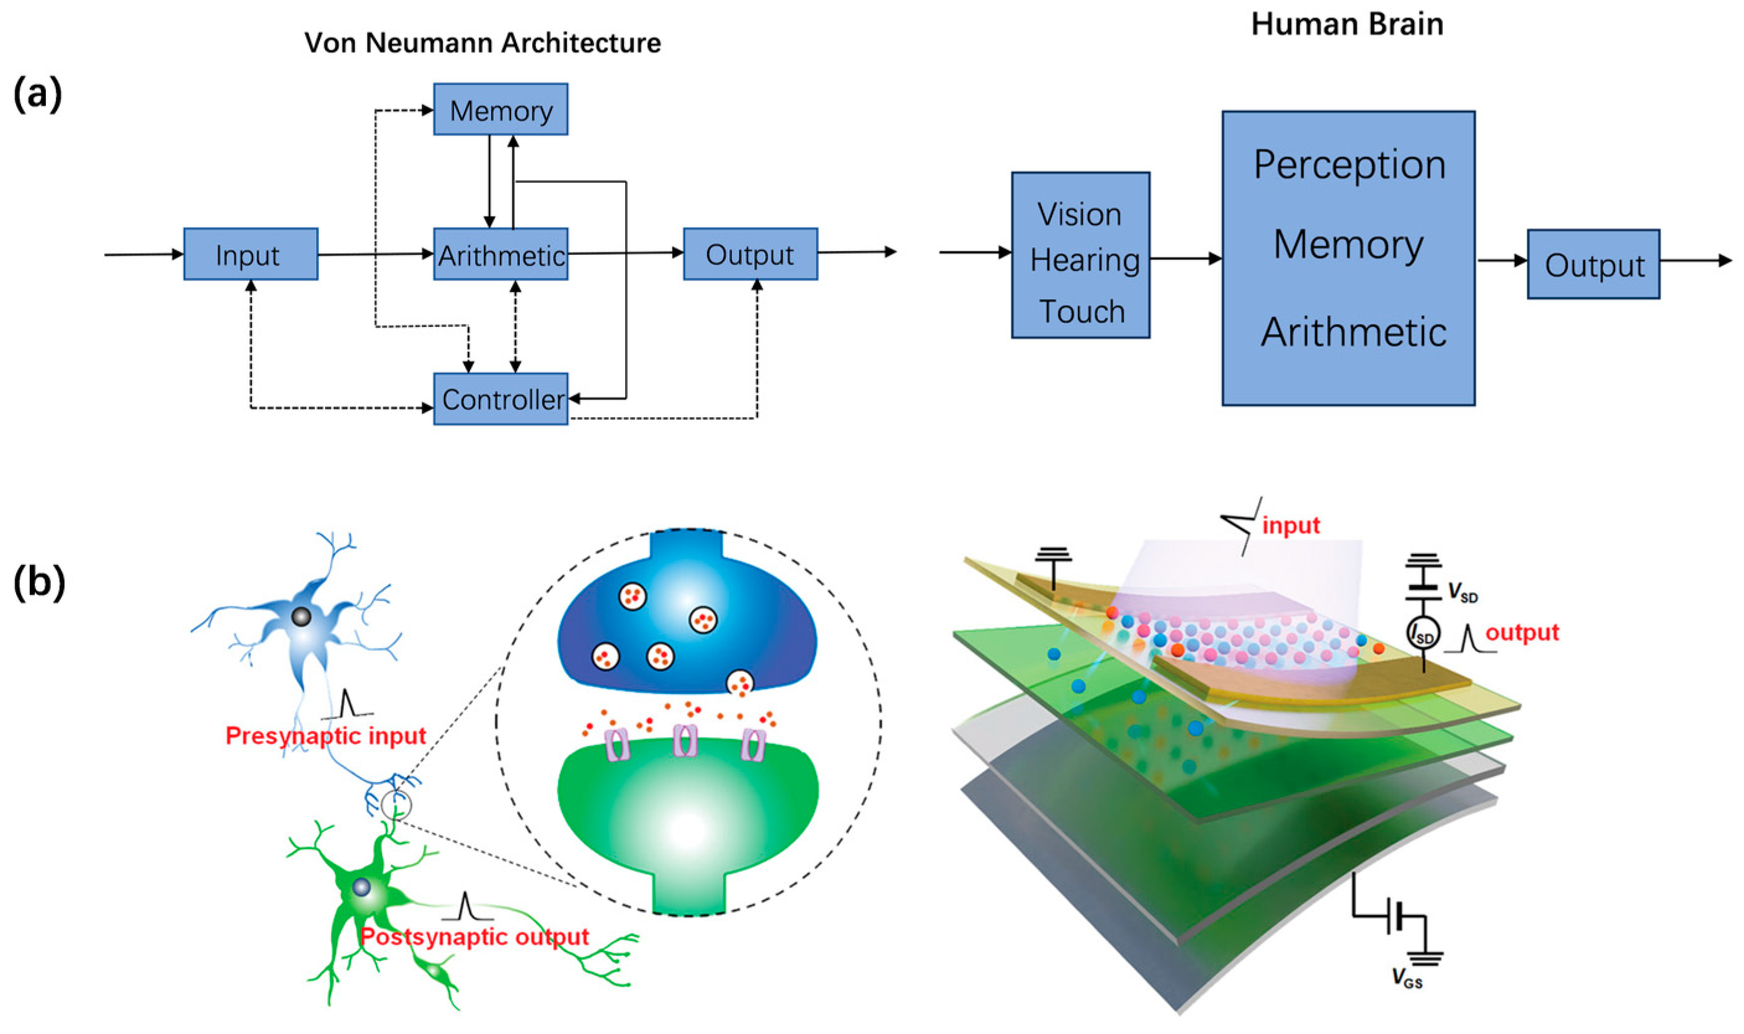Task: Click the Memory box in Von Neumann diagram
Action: pyautogui.click(x=500, y=109)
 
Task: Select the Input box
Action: pyautogui.click(x=250, y=254)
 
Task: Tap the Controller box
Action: pyautogui.click(x=500, y=399)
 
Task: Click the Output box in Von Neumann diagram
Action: pyautogui.click(x=749, y=254)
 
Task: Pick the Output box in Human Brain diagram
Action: pyautogui.click(x=1593, y=264)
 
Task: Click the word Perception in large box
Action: pyautogui.click(x=1349, y=165)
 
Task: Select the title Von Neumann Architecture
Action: pyautogui.click(x=482, y=43)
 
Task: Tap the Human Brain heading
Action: pyautogui.click(x=1346, y=24)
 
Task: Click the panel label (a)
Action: pyautogui.click(x=38, y=94)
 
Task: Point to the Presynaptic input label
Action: pyautogui.click(x=325, y=736)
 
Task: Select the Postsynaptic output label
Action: pyautogui.click(x=474, y=937)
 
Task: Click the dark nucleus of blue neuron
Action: pyautogui.click(x=301, y=617)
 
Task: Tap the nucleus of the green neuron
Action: pyautogui.click(x=361, y=887)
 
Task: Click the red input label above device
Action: pyautogui.click(x=1291, y=525)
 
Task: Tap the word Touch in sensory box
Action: pyautogui.click(x=1082, y=311)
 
